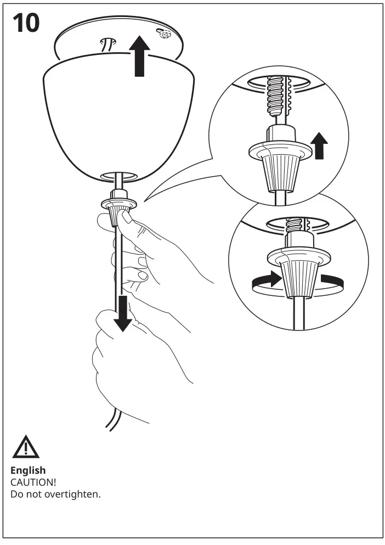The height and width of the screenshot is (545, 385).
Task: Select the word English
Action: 28,470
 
